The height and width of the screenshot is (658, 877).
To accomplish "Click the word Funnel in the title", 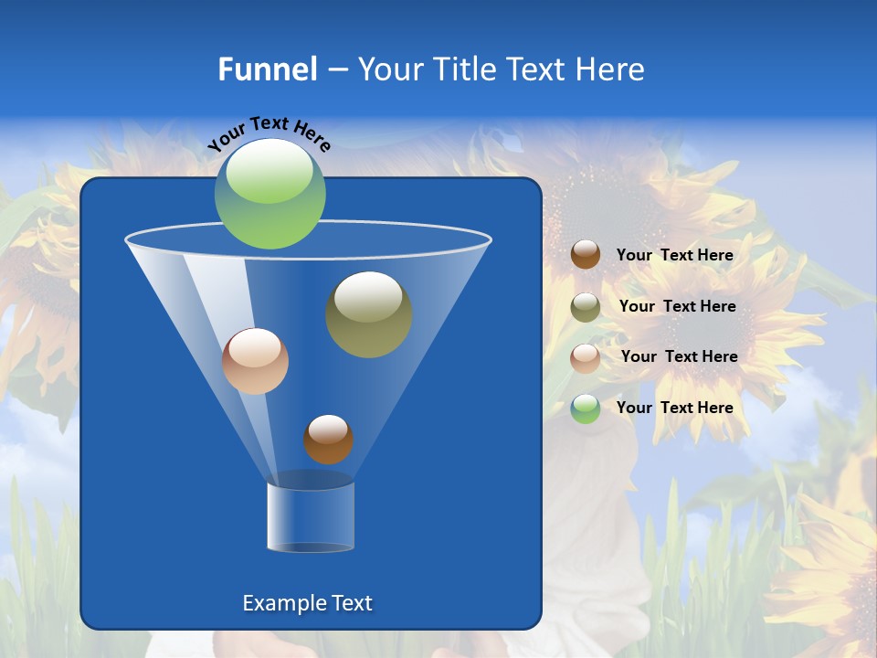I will (x=268, y=69).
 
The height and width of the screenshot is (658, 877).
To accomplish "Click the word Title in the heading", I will (x=465, y=69).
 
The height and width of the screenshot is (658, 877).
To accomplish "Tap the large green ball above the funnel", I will (x=270, y=194).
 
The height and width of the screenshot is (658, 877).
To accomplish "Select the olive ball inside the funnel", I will (x=368, y=314).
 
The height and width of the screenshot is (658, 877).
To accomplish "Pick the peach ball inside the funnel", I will (x=255, y=361).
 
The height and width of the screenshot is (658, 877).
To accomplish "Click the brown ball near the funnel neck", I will (x=328, y=439).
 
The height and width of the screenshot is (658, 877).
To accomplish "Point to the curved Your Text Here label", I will (x=269, y=132).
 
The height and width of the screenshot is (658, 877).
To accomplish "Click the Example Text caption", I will (x=307, y=603).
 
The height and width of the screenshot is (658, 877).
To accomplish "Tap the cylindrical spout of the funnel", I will (x=311, y=516).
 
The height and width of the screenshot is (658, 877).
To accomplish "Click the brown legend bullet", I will (x=586, y=255).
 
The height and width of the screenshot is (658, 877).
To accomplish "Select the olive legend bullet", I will (x=586, y=307).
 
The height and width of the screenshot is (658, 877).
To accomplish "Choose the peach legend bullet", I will (x=586, y=357).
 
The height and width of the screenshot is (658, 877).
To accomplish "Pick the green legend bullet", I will (x=586, y=409).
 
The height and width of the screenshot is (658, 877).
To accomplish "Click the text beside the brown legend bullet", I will (x=674, y=255).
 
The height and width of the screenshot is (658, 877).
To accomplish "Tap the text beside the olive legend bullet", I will (x=677, y=306).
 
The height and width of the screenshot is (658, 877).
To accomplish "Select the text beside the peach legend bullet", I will (x=679, y=356).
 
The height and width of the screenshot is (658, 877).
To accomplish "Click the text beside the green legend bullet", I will (x=674, y=408).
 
